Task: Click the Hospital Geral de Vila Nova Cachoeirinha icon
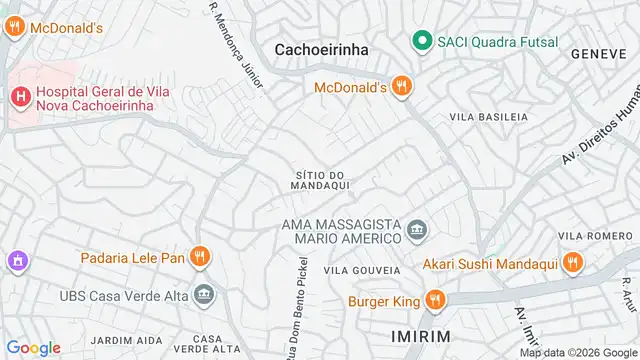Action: click(x=19, y=96)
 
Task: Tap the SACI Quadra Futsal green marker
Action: click(x=422, y=41)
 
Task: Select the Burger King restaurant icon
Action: click(x=435, y=300)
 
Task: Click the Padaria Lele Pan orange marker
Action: click(x=200, y=257)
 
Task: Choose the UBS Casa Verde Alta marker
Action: click(x=205, y=294)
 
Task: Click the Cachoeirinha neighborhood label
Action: click(x=322, y=50)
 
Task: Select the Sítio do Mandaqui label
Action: click(x=320, y=181)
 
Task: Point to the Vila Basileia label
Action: click(x=488, y=117)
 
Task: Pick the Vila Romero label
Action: click(x=583, y=235)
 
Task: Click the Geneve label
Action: click(x=599, y=53)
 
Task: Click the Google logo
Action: click(x=34, y=347)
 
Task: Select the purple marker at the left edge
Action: click(x=15, y=262)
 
